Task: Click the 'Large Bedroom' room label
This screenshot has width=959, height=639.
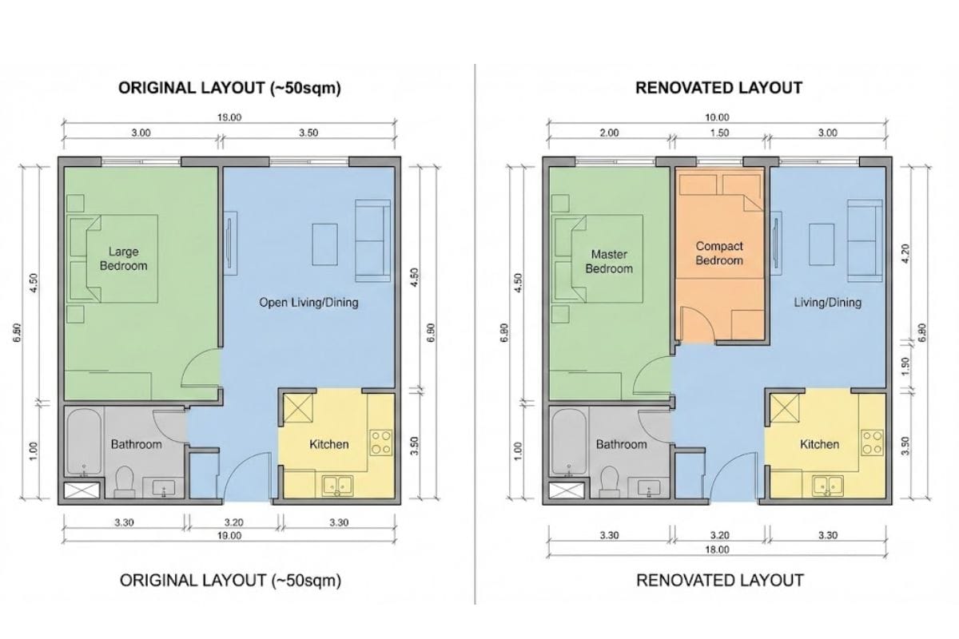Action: coord(123,259)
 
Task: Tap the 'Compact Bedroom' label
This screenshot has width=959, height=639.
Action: coord(719,253)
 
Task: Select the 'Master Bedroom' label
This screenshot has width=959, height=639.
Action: coord(609,261)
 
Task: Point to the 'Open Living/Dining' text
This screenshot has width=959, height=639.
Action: coord(308,303)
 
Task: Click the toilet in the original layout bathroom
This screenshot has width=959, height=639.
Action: coord(125,482)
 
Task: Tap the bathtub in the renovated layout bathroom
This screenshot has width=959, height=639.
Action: coord(569,443)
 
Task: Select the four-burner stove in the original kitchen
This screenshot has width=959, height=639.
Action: coord(381,443)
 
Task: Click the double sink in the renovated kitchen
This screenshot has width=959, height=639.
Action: coord(828,486)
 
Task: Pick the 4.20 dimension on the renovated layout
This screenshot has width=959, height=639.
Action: coord(905,253)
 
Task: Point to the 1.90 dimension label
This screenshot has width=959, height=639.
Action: coord(905,367)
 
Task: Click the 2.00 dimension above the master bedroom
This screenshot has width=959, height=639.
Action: coord(609,133)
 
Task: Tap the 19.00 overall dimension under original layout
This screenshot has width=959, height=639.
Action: coord(229,536)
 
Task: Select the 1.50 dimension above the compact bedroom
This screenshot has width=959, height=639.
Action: coord(719,133)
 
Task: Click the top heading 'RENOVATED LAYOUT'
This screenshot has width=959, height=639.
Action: coord(718,88)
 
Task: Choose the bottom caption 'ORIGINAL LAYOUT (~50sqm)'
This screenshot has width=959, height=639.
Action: coord(230,581)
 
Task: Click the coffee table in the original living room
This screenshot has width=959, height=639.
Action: coord(325,244)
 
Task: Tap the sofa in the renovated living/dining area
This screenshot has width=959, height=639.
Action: coord(865,240)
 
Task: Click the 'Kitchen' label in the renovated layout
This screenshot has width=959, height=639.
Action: coord(819,444)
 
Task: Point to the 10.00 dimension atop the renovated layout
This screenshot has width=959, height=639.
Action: coord(717,117)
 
